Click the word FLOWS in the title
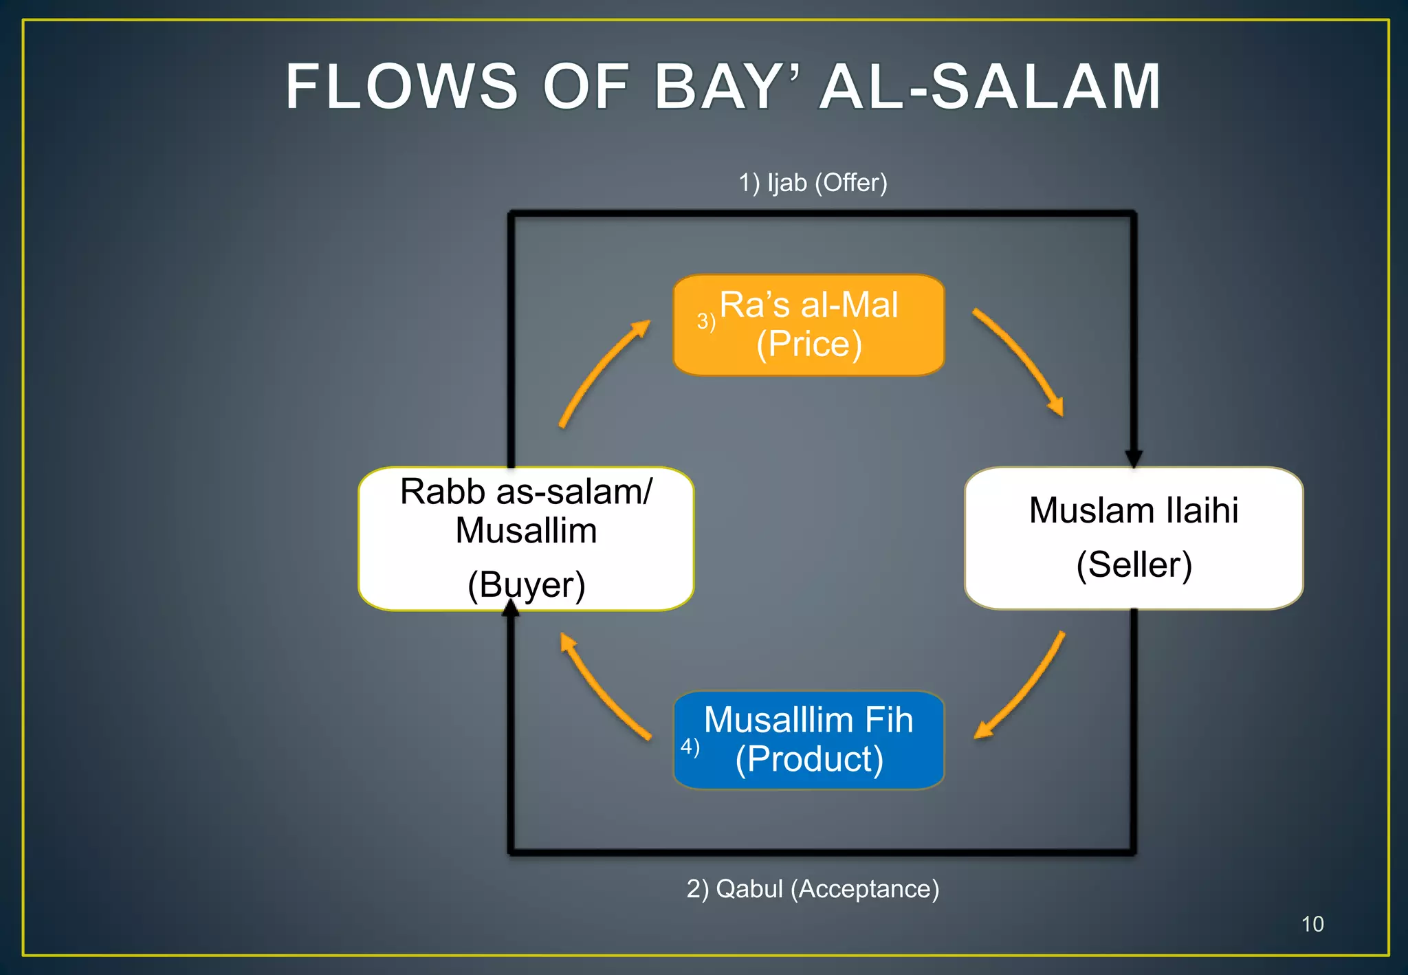coord(401,87)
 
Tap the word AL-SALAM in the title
coord(990,87)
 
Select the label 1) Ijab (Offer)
coord(813,183)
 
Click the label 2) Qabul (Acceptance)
coord(813,889)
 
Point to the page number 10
coord(1312,924)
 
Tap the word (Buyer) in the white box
coord(526,585)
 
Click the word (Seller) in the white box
coord(1134,565)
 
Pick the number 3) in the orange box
coord(706,321)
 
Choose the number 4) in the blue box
coord(690,746)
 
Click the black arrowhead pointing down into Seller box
coord(1134,458)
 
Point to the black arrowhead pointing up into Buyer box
coord(511,609)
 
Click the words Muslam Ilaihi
coord(1134,510)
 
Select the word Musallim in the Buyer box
coord(526,531)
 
